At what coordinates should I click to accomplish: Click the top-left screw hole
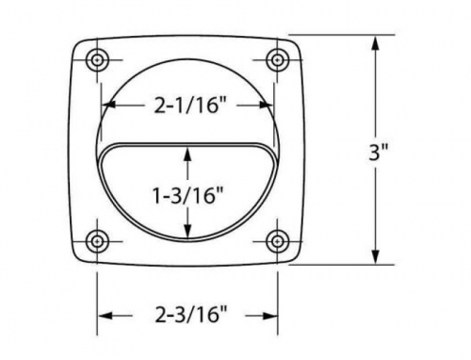(x=98, y=59)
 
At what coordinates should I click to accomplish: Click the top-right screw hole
(x=277, y=59)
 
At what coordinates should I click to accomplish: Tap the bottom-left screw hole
(x=98, y=241)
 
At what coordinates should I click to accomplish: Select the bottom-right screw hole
(x=277, y=241)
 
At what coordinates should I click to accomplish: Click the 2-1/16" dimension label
(x=190, y=106)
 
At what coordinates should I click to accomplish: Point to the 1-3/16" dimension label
(x=187, y=195)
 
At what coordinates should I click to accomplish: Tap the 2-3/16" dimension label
(x=190, y=315)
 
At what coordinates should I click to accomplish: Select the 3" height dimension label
(x=379, y=153)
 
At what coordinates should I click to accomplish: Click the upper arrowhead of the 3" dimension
(x=376, y=43)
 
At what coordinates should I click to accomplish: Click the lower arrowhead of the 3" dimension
(x=376, y=256)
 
